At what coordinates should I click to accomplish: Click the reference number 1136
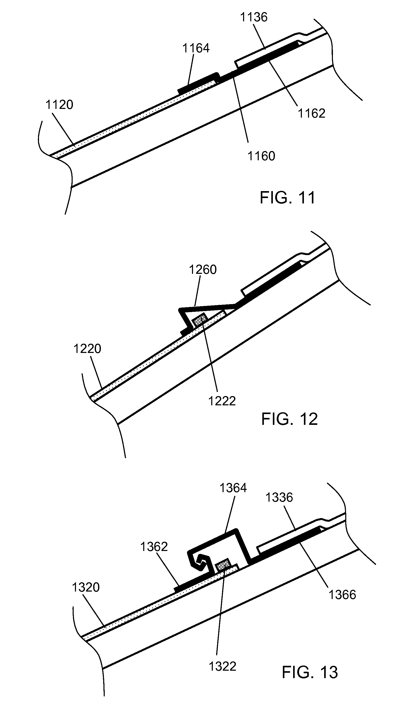tap(253, 17)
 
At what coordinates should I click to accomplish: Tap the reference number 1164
tap(196, 49)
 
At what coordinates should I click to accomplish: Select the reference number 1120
tap(59, 105)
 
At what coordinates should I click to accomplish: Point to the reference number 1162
tap(312, 114)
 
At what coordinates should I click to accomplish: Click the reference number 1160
tap(261, 156)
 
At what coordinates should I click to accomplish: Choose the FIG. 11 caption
tap(287, 198)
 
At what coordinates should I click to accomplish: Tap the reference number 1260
tap(203, 270)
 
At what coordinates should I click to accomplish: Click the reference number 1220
tap(87, 349)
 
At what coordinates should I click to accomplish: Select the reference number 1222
tap(222, 401)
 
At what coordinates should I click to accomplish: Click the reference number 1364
tap(233, 488)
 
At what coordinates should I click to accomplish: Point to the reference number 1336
tap(279, 498)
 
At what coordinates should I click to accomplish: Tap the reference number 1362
tap(154, 547)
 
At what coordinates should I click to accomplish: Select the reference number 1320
tap(86, 587)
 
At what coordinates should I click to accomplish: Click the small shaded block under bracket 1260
tap(200, 320)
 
